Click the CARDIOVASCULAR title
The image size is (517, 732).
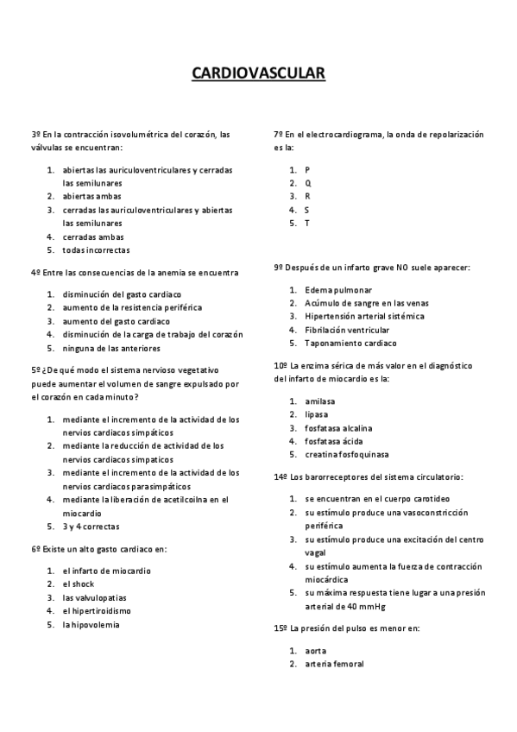(258, 75)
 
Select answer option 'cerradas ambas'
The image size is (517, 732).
(93, 237)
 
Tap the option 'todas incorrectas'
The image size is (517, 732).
(96, 250)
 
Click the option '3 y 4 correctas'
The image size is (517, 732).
(91, 526)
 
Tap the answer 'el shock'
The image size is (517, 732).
(79, 584)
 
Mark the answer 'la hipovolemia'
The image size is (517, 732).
(91, 624)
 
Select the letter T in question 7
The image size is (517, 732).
(307, 224)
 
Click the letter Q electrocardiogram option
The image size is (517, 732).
(308, 183)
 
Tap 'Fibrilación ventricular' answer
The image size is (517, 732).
(347, 330)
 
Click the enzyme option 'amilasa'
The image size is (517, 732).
(320, 401)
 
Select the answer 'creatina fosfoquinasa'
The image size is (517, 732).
(346, 454)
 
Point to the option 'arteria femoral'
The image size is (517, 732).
(334, 664)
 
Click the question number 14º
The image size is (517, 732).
(281, 476)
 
